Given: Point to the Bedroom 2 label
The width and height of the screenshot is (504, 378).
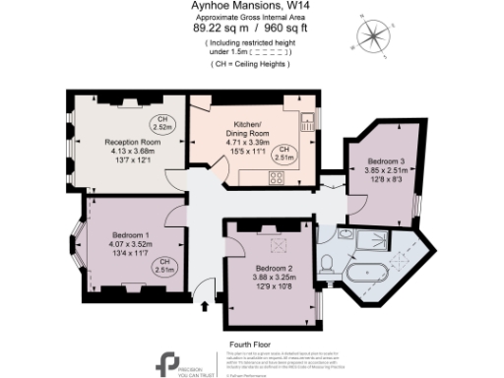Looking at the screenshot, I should click(x=274, y=275).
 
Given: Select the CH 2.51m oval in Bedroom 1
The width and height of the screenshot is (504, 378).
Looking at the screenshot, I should click(x=163, y=264).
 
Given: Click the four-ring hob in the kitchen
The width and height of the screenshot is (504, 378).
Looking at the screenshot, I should click(x=277, y=178).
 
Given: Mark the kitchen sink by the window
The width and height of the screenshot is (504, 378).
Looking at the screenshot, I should click(x=307, y=122).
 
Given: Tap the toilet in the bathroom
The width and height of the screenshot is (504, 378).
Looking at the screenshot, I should click(x=326, y=261).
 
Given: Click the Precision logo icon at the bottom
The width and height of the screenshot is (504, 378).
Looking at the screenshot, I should click(x=168, y=361).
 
